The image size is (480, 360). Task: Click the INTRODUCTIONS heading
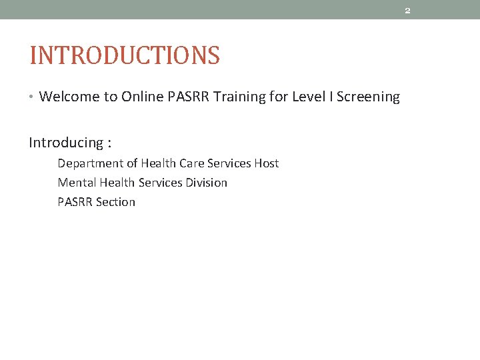[125, 55]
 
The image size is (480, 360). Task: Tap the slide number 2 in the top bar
[407, 10]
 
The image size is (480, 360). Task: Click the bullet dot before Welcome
[32, 97]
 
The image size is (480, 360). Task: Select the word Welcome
[69, 97]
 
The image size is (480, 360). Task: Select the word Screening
[368, 97]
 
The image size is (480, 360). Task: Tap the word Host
[266, 163]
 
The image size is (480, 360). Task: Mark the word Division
[205, 183]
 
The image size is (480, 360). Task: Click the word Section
[115, 202]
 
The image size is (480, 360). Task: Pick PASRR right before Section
[75, 202]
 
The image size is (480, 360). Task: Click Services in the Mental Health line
[158, 183]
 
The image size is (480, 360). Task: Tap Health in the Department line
[157, 163]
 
